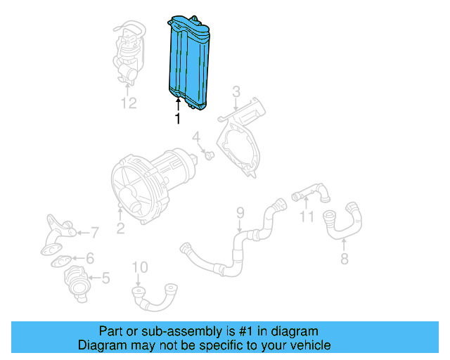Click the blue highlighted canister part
coord(188,62)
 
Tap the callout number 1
coord(177,120)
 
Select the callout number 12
coord(127,103)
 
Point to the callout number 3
coord(236,91)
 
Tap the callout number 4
coord(198,136)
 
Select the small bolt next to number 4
coord(210,153)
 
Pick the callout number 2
coord(120,227)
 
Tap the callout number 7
coord(96,231)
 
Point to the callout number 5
coord(105,278)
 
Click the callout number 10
coord(140,266)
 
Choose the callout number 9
coord(239,212)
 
